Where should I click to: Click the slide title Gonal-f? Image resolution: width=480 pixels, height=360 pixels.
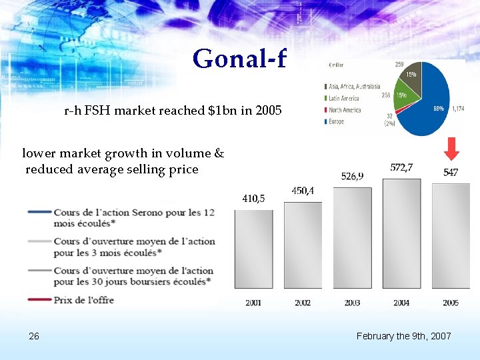(x=239, y=59)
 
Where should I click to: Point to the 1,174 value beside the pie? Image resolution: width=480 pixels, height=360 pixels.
(x=458, y=109)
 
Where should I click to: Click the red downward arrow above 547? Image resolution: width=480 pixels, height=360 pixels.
(x=451, y=149)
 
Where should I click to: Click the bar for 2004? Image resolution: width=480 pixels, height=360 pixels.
(x=401, y=233)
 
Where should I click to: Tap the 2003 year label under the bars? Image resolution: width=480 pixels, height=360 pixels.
(x=352, y=303)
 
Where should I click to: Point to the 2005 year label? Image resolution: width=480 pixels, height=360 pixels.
(x=450, y=303)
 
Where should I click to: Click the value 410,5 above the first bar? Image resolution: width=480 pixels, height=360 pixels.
(x=253, y=198)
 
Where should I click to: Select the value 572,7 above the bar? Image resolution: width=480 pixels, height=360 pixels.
(x=401, y=167)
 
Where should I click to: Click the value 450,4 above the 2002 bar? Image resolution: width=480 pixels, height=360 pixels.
(x=303, y=191)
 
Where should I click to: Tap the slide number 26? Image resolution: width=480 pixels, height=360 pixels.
(x=34, y=336)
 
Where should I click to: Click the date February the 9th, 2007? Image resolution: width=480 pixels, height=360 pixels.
(x=403, y=336)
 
